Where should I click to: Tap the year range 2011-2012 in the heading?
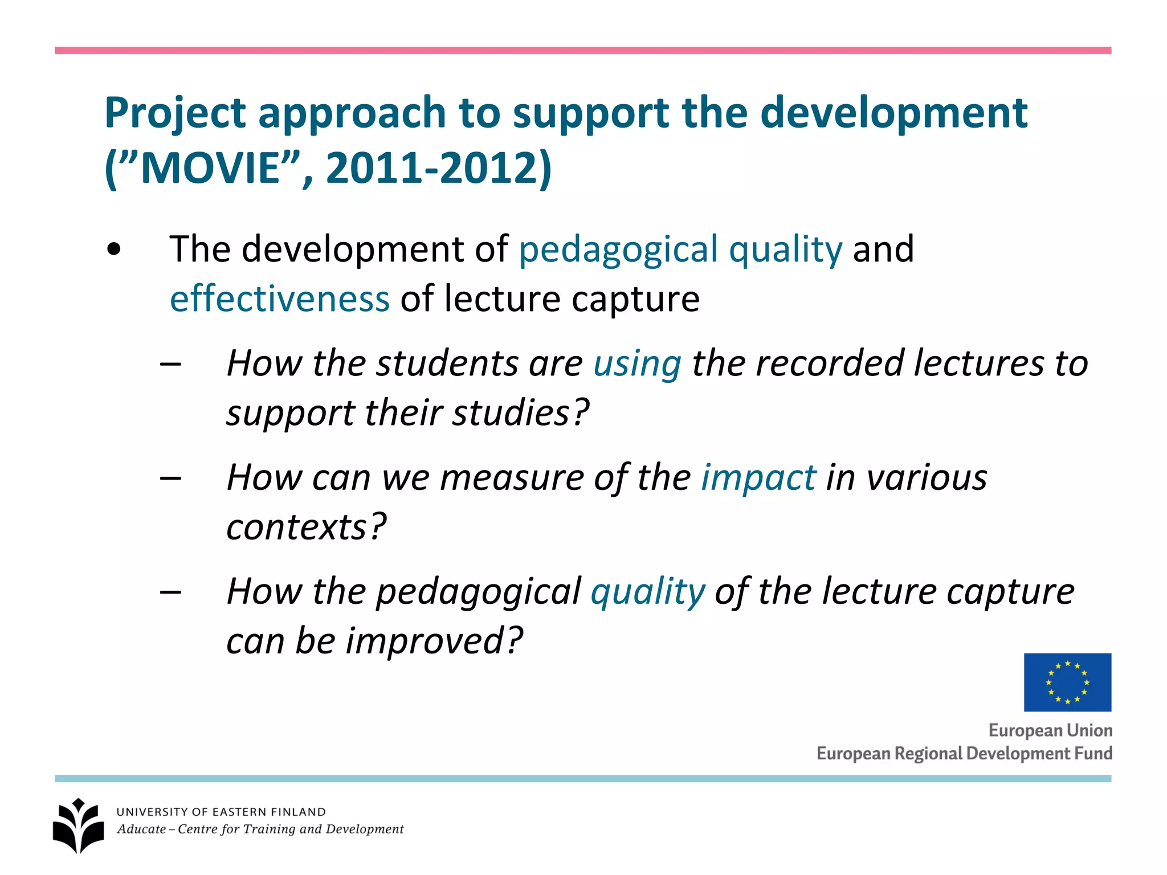tap(430, 168)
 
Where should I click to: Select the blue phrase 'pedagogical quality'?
tap(680, 250)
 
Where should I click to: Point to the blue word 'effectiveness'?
tap(280, 299)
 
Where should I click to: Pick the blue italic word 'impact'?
tap(758, 477)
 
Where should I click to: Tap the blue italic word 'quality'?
tap(648, 591)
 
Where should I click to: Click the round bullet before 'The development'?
tap(114, 250)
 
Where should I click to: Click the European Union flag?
tap(1067, 682)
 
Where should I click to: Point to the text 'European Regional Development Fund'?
tap(964, 753)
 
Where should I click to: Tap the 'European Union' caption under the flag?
tap(1050, 730)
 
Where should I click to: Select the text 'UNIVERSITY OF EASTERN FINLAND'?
tap(221, 812)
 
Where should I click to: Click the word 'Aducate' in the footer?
tap(141, 829)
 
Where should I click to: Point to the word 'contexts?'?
tap(307, 527)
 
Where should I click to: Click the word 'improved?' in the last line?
tap(434, 641)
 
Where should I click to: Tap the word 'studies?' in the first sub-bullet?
tap(520, 413)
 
